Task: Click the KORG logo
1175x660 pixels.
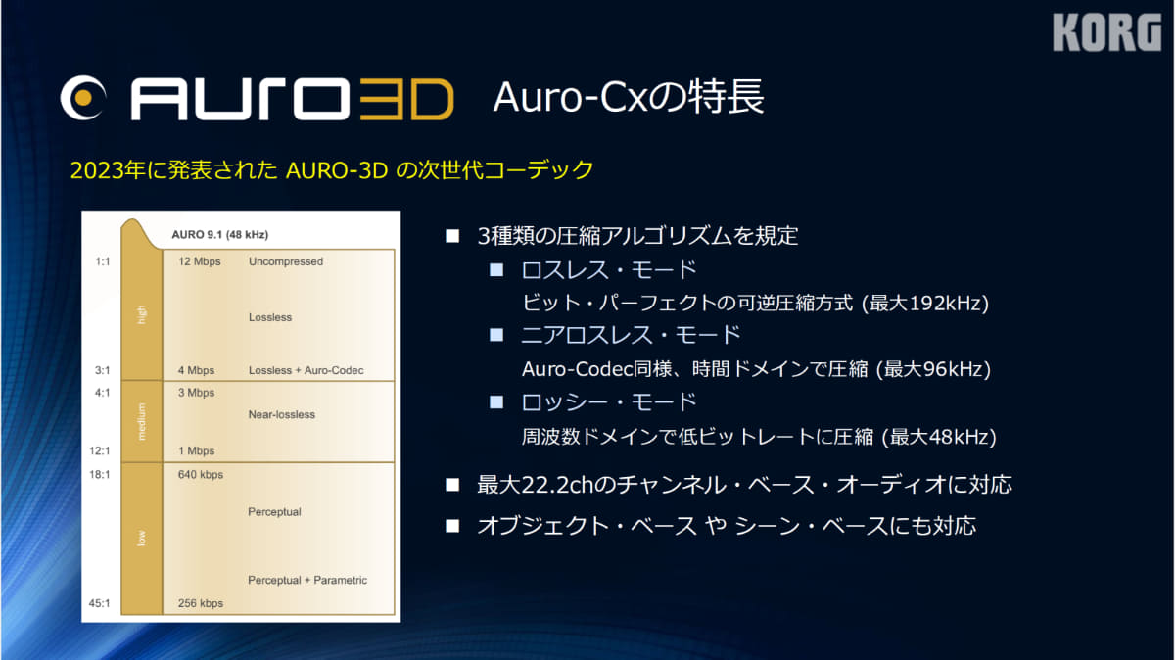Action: (1106, 32)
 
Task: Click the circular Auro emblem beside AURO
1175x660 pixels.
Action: (83, 98)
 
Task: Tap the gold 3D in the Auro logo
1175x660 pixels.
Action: (406, 99)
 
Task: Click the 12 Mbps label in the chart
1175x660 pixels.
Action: (200, 261)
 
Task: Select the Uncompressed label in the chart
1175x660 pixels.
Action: (286, 261)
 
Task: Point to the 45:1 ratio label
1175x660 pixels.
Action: (100, 603)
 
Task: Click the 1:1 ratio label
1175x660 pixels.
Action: (103, 261)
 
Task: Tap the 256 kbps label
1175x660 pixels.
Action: (201, 603)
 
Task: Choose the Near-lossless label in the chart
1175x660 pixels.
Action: (282, 414)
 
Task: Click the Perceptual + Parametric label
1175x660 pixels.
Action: (307, 580)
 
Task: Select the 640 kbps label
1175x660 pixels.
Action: (201, 474)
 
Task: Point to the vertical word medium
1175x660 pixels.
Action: (141, 422)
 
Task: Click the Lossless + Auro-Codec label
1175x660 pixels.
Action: (305, 370)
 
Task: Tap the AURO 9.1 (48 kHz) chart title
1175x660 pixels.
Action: (219, 234)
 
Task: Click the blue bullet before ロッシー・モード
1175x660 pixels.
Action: (496, 402)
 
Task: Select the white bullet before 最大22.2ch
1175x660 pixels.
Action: (452, 485)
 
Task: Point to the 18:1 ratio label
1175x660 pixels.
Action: (100, 474)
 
